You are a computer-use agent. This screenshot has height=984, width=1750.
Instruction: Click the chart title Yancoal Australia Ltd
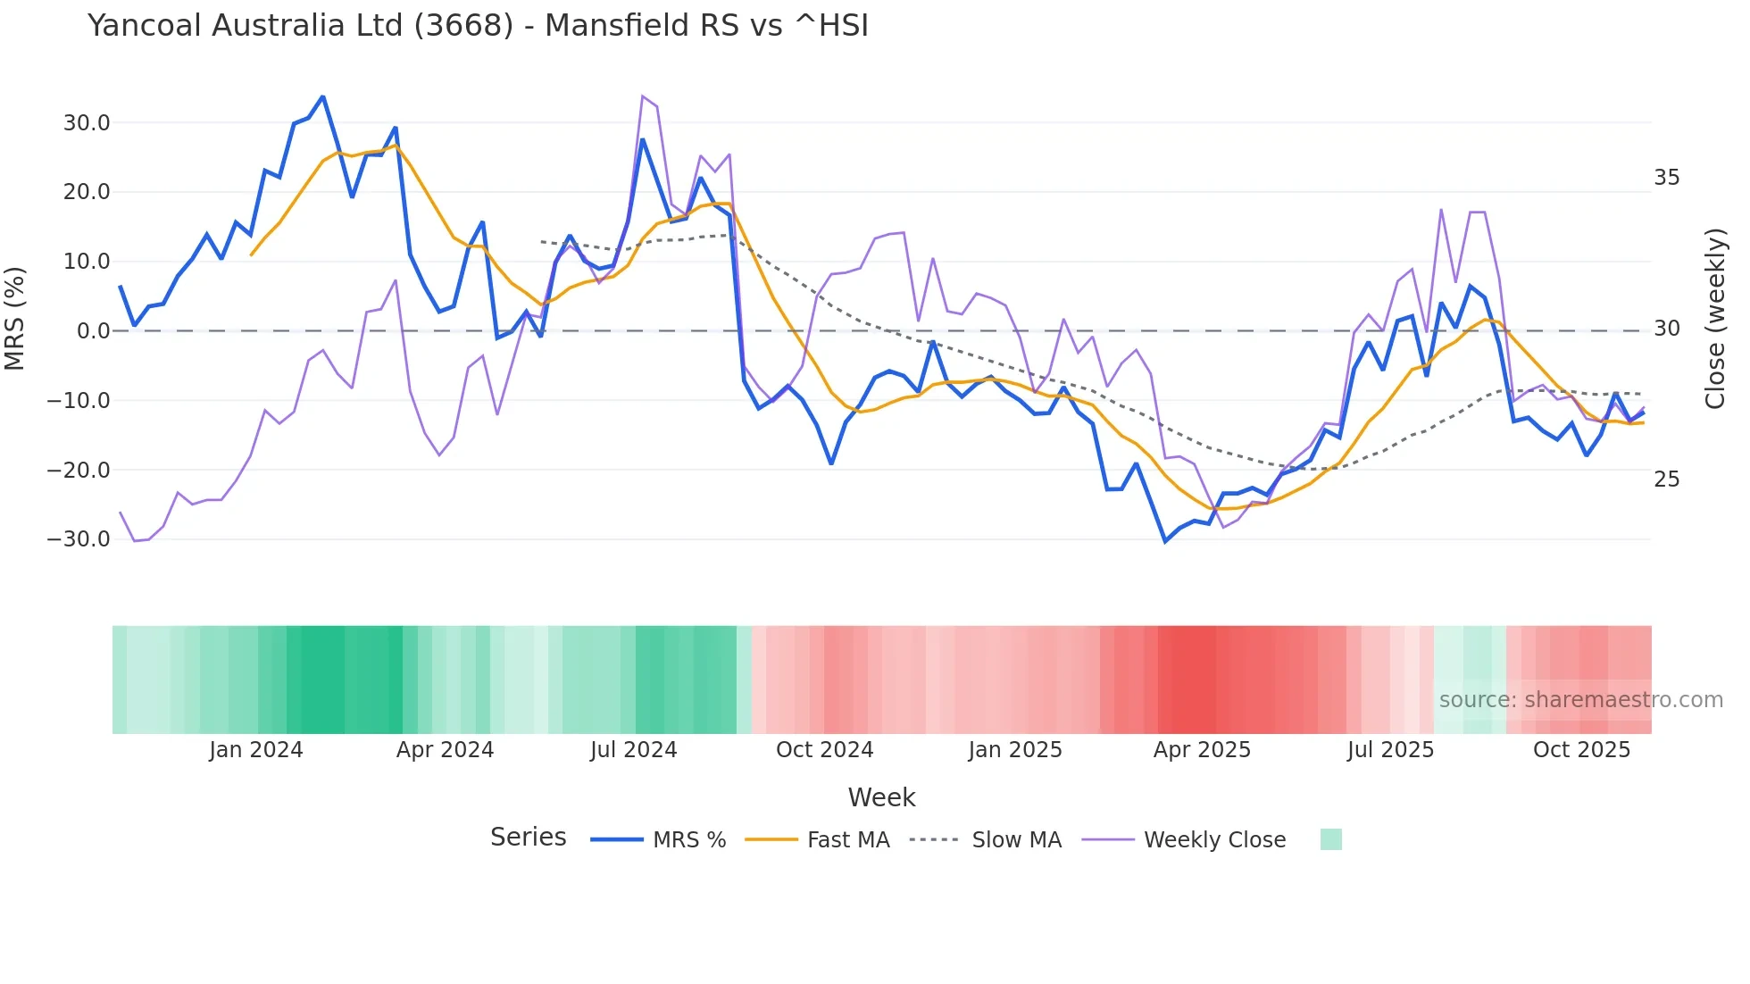(478, 26)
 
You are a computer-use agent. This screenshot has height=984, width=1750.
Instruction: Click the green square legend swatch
(1330, 839)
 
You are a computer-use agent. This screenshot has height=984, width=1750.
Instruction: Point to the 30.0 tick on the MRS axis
(87, 123)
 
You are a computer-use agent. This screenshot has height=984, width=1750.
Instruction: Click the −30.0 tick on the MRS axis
(79, 539)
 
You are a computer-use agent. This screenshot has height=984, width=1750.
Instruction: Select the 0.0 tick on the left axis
(94, 331)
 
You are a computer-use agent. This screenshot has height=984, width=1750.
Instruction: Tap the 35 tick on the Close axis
(1666, 178)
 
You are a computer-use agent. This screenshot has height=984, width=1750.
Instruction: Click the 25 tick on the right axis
(1666, 479)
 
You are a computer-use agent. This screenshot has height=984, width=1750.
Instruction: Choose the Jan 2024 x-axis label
(256, 750)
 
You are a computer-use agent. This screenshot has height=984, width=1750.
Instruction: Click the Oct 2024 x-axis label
(824, 750)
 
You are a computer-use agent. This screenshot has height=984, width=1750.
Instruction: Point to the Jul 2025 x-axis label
(1390, 750)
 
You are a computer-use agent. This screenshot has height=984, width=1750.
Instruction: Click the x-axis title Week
(881, 797)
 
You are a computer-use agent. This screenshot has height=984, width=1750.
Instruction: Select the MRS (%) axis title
(15, 318)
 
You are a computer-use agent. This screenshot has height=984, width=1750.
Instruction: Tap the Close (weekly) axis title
(1714, 319)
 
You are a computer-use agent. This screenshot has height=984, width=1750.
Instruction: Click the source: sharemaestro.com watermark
(1580, 700)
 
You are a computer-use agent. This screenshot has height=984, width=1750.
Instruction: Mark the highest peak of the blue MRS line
(323, 96)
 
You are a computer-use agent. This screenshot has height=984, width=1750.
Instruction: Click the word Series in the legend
(528, 838)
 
